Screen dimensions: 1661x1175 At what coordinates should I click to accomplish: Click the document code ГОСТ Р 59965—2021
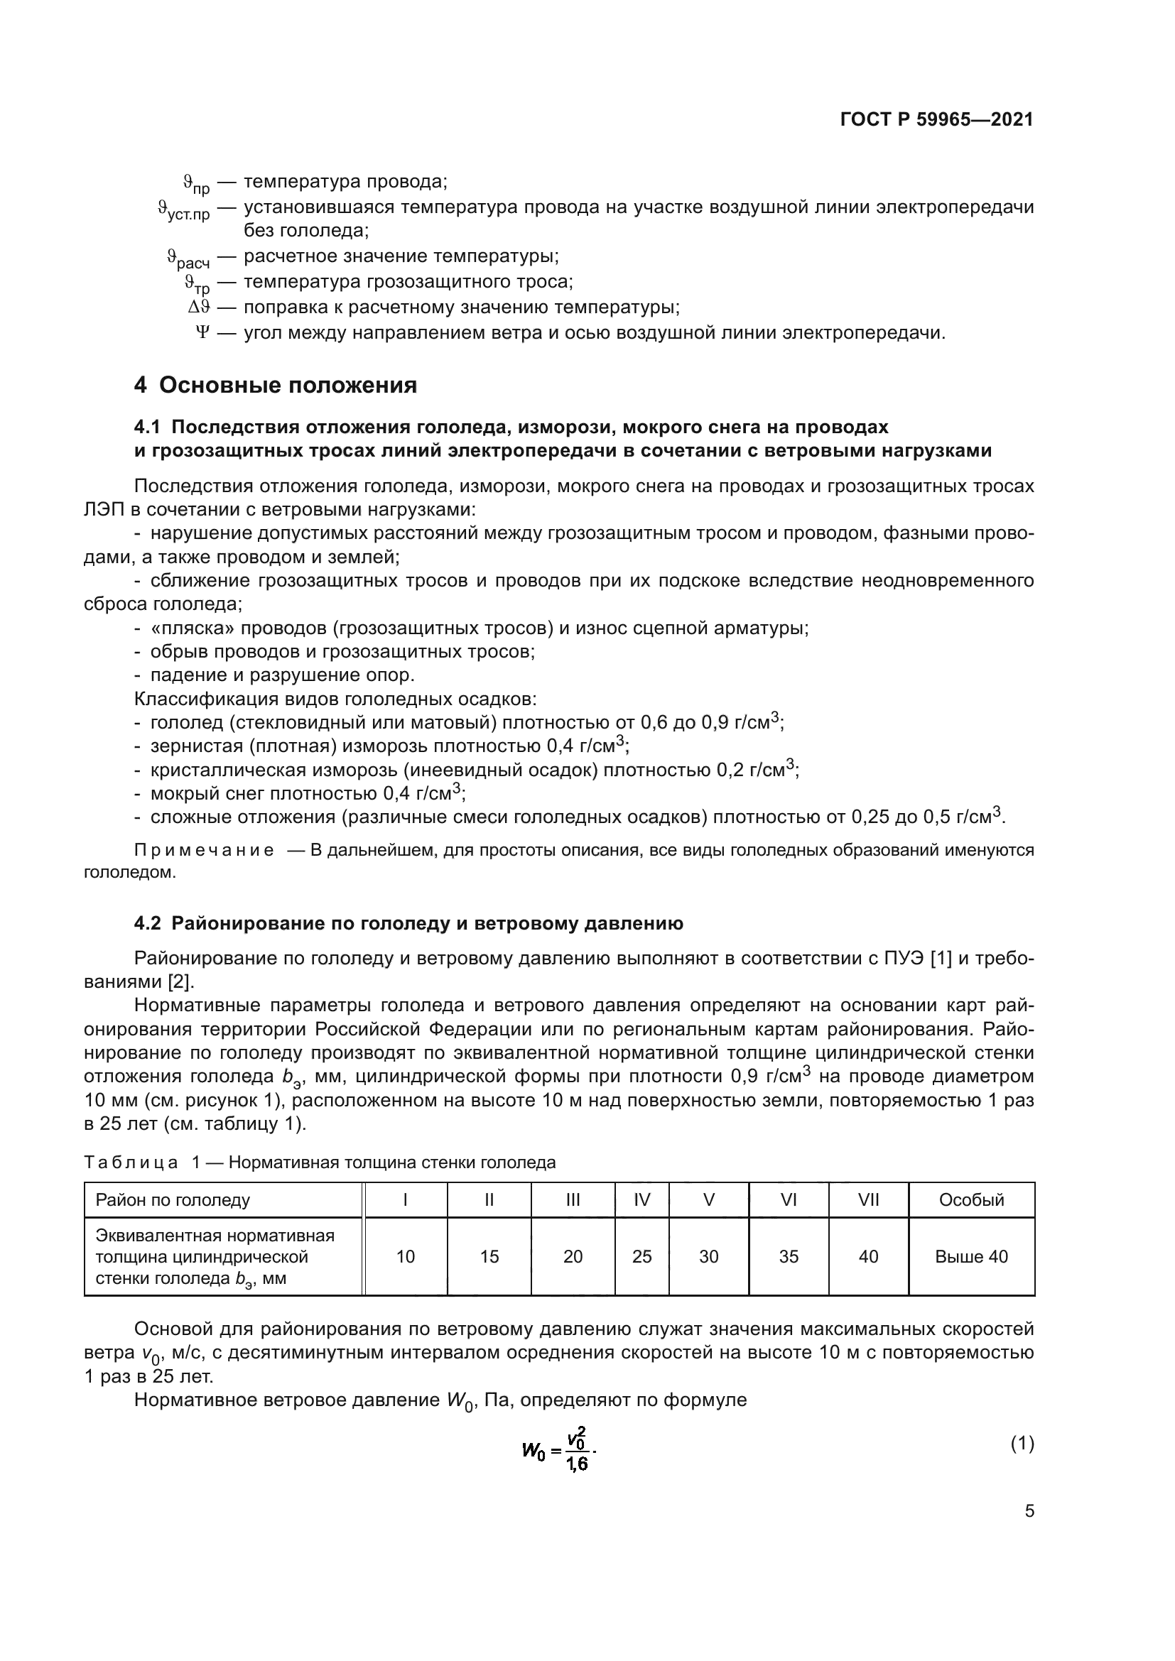(936, 119)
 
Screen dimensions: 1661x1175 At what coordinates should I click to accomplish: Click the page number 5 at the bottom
(1029, 1511)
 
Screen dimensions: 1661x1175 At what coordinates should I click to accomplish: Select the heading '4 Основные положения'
(275, 385)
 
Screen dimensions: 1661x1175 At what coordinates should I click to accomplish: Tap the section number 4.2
(149, 924)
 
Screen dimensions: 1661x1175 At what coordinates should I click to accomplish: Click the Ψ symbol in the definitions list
(202, 333)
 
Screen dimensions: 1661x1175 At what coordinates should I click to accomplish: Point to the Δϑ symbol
(199, 307)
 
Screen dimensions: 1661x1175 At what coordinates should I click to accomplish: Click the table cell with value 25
(641, 1257)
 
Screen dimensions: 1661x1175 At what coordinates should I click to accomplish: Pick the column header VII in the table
(868, 1200)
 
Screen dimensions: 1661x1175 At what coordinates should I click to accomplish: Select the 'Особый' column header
(971, 1200)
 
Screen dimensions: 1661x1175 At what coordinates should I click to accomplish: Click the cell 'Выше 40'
(971, 1257)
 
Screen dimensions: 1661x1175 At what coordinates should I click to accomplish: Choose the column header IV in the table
(641, 1200)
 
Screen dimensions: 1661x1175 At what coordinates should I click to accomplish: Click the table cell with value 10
(405, 1257)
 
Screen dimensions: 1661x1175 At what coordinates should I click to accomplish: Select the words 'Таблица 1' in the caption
(142, 1162)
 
